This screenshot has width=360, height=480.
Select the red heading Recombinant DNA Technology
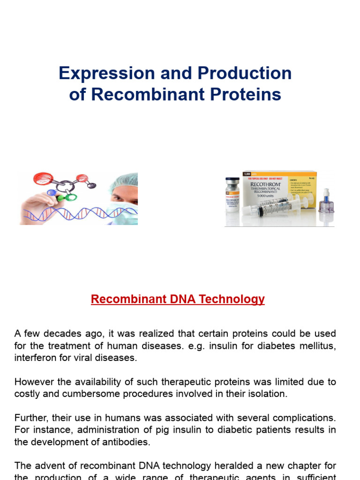pyautogui.click(x=178, y=299)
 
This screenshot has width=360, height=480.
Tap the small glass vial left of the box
pyautogui.click(x=232, y=195)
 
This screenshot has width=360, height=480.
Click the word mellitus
pyautogui.click(x=319, y=346)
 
